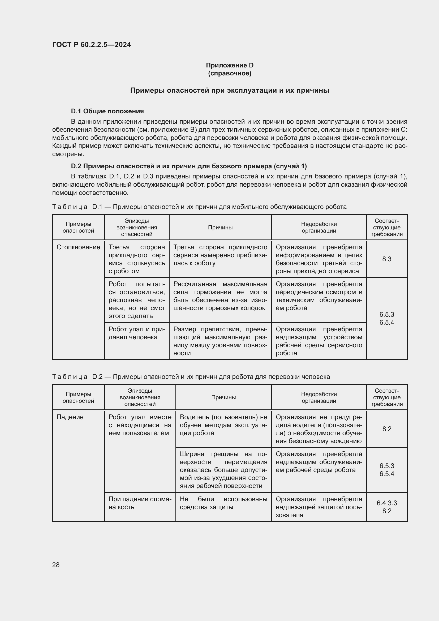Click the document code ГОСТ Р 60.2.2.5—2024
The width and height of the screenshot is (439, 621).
point(91,45)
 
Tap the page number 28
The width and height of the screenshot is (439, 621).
point(56,565)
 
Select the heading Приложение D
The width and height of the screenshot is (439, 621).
point(230,65)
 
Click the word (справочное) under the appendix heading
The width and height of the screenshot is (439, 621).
point(230,73)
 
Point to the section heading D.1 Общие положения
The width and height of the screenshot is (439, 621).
point(107,111)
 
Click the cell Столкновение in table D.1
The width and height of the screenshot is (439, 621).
point(78,247)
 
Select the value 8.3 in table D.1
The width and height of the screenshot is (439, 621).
point(386,259)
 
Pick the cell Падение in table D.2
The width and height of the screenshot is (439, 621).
point(70,417)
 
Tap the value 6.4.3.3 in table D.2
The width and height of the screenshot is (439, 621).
point(386,503)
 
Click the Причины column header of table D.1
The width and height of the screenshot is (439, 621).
point(220,228)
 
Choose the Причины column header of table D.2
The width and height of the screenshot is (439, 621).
point(223,397)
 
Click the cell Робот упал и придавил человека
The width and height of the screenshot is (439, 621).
point(136,333)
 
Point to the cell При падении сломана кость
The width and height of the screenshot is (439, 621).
point(140,503)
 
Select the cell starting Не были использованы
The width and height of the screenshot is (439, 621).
point(223,503)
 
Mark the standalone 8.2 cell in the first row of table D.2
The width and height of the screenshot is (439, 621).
point(386,429)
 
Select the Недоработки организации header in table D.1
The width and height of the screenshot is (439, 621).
point(319,228)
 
